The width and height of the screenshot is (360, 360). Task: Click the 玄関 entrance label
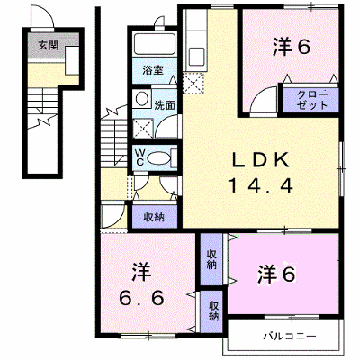click(x=48, y=46)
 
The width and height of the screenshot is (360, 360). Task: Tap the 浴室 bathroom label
click(x=153, y=71)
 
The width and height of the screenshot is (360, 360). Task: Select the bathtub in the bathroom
click(x=154, y=44)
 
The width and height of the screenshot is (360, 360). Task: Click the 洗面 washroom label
click(x=165, y=105)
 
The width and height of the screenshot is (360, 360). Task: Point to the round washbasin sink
click(x=141, y=98)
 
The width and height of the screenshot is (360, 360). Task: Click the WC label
click(x=139, y=157)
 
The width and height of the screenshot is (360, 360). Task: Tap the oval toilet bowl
click(x=158, y=157)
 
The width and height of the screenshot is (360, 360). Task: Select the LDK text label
click(x=260, y=160)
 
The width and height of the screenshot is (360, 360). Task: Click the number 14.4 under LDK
click(x=260, y=185)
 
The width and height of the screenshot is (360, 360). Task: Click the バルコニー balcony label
click(x=290, y=336)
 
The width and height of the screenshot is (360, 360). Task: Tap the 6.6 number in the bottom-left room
click(x=141, y=298)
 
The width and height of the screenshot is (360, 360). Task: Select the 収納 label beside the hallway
click(x=154, y=217)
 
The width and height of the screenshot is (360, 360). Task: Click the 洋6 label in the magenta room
click(x=276, y=274)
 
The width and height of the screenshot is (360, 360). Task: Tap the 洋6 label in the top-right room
click(x=291, y=47)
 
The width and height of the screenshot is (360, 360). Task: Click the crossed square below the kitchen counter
click(x=193, y=84)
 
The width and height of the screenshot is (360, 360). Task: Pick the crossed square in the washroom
click(x=143, y=129)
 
